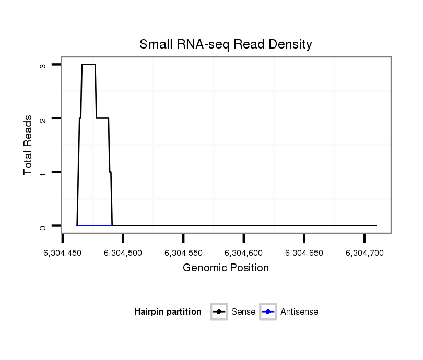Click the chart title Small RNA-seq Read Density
click(226, 44)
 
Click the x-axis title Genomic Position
click(226, 268)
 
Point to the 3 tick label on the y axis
click(42, 65)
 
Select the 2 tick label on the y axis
click(42, 118)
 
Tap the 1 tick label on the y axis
click(42, 172)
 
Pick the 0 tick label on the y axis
click(42, 226)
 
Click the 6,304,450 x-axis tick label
click(63, 253)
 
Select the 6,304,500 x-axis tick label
click(123, 253)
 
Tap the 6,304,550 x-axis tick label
click(183, 253)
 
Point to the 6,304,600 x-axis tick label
click(244, 253)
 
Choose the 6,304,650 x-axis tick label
click(304, 253)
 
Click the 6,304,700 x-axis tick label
click(365, 253)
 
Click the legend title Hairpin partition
click(168, 312)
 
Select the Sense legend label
click(243, 312)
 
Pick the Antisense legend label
click(299, 312)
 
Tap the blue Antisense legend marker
click(268, 312)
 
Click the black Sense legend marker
click(219, 312)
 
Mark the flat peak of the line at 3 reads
click(88, 64)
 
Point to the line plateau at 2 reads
click(102, 118)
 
